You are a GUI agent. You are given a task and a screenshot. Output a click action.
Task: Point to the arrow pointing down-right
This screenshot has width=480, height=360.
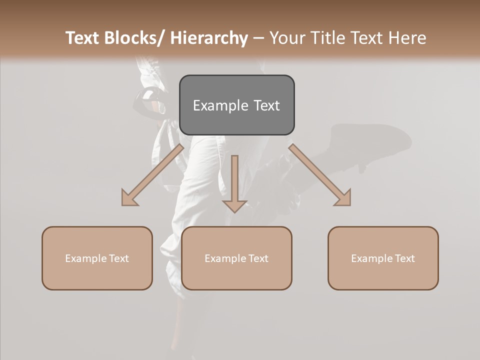click(320, 175)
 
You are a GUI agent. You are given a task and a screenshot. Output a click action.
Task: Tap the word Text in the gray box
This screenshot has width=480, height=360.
click(266, 105)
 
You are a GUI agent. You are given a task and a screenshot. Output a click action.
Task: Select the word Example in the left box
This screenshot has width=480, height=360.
click(86, 258)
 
